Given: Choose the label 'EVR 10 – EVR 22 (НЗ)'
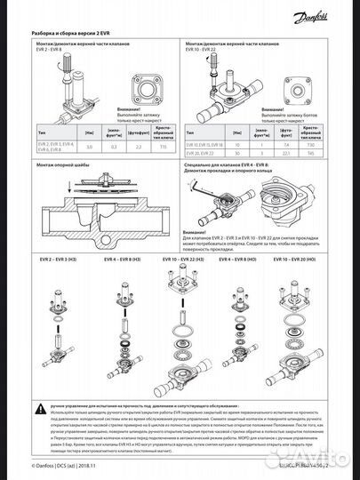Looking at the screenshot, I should [x=183, y=258].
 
